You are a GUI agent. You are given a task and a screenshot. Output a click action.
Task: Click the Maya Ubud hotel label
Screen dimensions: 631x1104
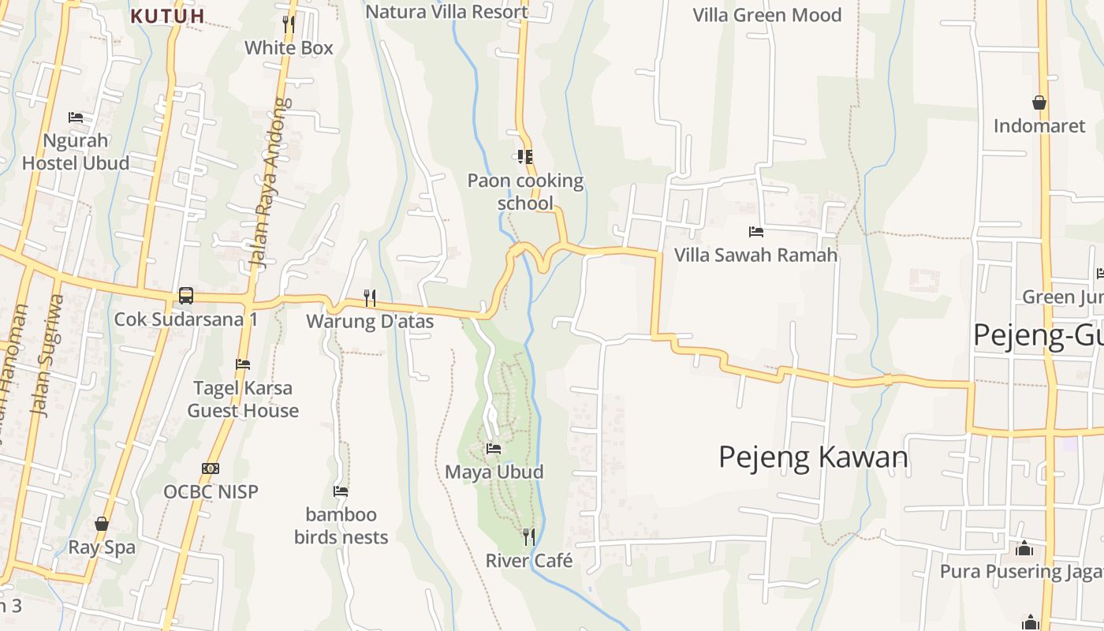click(494, 472)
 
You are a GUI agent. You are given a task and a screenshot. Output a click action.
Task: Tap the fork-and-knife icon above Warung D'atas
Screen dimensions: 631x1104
click(369, 297)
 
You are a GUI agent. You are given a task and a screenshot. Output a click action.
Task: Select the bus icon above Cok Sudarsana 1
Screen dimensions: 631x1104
click(186, 296)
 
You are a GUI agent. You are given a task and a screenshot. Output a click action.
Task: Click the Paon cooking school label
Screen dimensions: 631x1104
click(525, 192)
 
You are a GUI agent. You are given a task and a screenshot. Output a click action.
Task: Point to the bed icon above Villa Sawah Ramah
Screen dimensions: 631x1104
click(755, 232)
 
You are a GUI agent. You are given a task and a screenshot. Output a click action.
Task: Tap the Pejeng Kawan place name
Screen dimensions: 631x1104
click(813, 457)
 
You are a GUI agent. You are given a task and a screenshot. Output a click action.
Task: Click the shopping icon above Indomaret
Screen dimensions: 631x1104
click(1039, 103)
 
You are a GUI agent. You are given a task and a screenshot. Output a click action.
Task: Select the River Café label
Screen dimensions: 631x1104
click(528, 561)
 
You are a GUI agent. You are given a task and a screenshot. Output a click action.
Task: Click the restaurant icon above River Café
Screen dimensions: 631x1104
click(529, 537)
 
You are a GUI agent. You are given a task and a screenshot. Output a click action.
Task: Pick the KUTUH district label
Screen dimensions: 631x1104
click(167, 16)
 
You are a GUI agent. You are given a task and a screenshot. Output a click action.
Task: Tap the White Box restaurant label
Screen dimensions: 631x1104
click(289, 47)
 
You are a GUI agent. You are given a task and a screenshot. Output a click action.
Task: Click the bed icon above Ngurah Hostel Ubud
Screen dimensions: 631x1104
click(76, 118)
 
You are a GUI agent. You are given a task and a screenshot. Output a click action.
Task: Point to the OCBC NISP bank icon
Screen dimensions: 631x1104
click(211, 469)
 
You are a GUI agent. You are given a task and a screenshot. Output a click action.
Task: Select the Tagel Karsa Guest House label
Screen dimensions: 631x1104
click(243, 399)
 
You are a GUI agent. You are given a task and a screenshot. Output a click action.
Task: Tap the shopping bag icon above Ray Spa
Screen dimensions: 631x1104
click(102, 524)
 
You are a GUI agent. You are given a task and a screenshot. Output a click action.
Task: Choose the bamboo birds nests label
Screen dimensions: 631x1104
click(341, 526)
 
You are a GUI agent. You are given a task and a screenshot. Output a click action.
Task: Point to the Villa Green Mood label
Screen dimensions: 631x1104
click(766, 15)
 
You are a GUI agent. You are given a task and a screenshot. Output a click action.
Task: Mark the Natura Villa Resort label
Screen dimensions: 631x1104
click(446, 12)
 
